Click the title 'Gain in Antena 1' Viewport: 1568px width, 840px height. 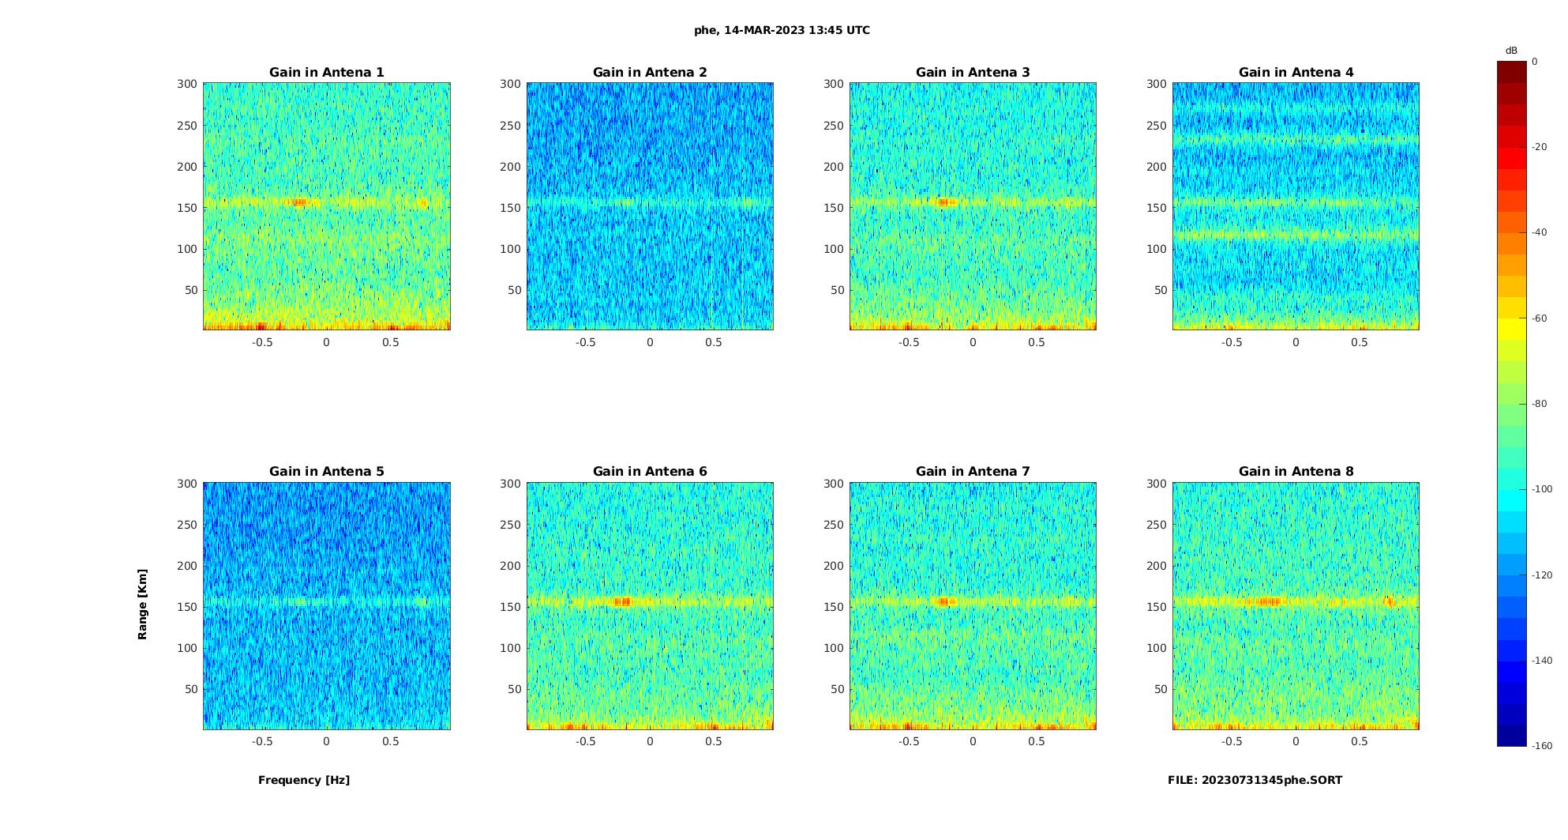pos(326,73)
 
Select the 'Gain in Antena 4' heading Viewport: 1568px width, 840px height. pos(1296,73)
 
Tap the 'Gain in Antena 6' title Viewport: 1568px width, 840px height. pos(650,472)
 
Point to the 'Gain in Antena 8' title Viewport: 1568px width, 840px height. pos(1296,472)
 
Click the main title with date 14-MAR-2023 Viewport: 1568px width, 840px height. pos(782,31)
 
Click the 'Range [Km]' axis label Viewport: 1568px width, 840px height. pos(143,604)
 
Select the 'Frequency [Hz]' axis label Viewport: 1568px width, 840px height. pos(304,780)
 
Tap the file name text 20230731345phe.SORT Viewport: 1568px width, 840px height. pos(1255,780)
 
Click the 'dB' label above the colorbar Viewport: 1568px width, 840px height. pos(1511,51)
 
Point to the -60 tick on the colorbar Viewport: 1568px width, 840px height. pos(1539,318)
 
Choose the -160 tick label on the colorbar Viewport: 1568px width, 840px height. pos(1541,746)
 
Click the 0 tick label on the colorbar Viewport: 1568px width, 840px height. pos(1535,62)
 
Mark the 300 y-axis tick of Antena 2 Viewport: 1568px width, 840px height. pos(510,84)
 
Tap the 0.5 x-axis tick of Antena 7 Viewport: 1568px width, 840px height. pos(1036,741)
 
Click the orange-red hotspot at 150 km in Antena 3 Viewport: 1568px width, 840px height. pos(943,202)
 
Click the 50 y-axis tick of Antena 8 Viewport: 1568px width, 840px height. pos(1160,689)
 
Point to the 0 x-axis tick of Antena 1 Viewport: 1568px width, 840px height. pos(326,342)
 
